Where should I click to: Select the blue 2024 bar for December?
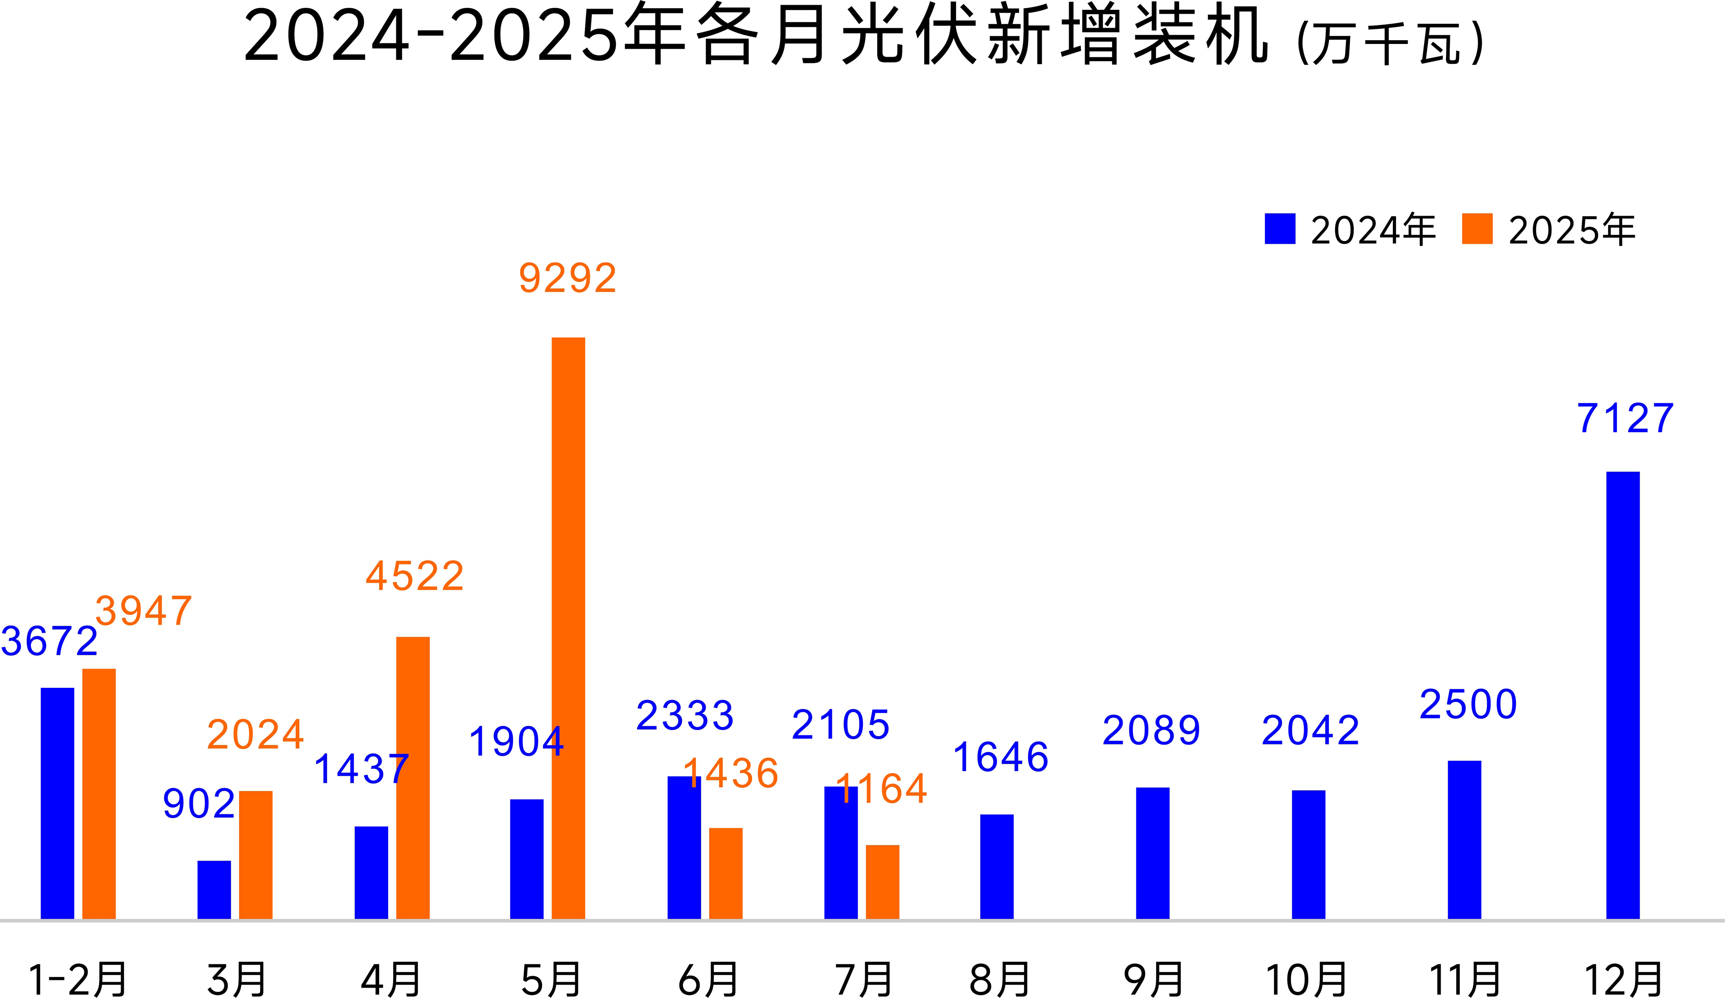pyautogui.click(x=1623, y=695)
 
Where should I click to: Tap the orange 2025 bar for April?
pyautogui.click(x=413, y=778)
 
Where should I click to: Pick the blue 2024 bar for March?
pyautogui.click(x=214, y=889)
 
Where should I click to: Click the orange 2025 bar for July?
pyautogui.click(x=882, y=882)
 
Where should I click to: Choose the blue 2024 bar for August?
pyautogui.click(x=997, y=866)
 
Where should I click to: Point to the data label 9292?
pyautogui.click(x=568, y=278)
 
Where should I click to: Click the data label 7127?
pyautogui.click(x=1625, y=418)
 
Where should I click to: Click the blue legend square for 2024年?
pyautogui.click(x=1280, y=229)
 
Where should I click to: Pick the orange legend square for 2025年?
pyautogui.click(x=1477, y=229)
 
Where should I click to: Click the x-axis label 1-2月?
pyautogui.click(x=77, y=979)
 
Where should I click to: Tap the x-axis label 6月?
pyautogui.click(x=708, y=979)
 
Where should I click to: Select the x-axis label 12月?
pyautogui.click(x=1624, y=979)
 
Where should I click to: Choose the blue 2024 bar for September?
pyautogui.click(x=1153, y=853)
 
